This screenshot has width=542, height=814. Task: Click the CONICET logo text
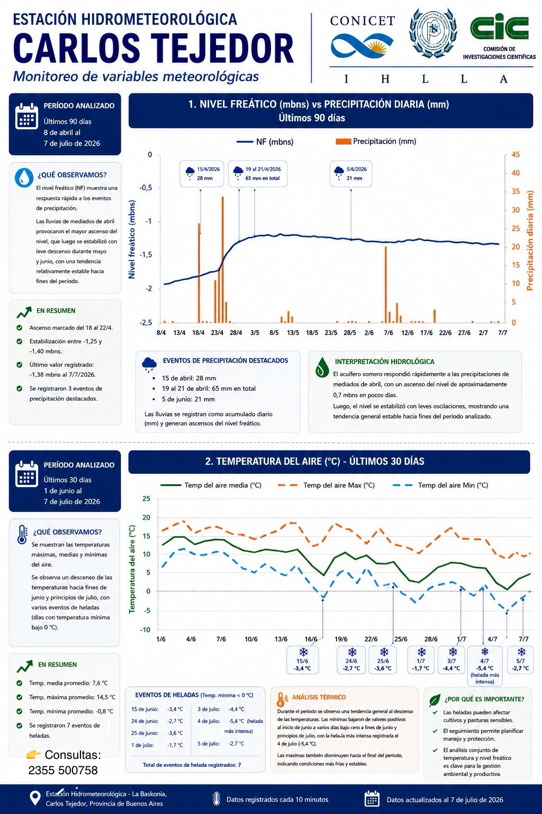pos(362,21)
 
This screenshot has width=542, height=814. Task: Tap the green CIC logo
pos(499,26)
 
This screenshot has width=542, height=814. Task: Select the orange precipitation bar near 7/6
pos(385,285)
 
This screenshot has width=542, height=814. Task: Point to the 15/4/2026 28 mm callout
pos(202,174)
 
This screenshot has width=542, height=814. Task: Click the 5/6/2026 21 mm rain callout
pos(351,174)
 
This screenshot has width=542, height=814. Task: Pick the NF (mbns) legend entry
pos(265,141)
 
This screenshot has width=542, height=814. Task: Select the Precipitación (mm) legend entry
pos(376,141)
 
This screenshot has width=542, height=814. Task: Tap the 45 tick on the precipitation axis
pos(516,155)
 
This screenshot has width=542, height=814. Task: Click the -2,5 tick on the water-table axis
pos(146,322)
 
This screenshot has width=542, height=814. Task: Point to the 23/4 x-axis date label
pos(217,333)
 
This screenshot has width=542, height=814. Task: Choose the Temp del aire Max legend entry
pos(326,485)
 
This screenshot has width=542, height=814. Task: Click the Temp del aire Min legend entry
pos(440,485)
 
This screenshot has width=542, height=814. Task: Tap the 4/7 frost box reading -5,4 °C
pos(485,666)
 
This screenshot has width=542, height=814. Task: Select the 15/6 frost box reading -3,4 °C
pos(302,660)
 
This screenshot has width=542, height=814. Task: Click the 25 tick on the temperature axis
pos(146,499)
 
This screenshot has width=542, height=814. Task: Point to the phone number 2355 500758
pos(63,770)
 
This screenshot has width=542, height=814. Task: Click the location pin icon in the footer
pos(35,799)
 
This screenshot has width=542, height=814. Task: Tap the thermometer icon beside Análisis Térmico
pos(281,699)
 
